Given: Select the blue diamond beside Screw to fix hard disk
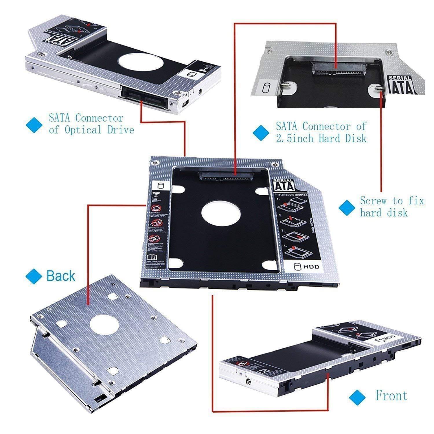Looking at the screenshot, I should pos(346,207).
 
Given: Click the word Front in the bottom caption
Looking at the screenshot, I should pos(391,396).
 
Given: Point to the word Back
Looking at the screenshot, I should pos(60,276).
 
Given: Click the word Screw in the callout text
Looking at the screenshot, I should pos(373,201).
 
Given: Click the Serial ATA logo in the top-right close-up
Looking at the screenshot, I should pos(402,85).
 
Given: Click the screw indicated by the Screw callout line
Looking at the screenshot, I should pos(378,88).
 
